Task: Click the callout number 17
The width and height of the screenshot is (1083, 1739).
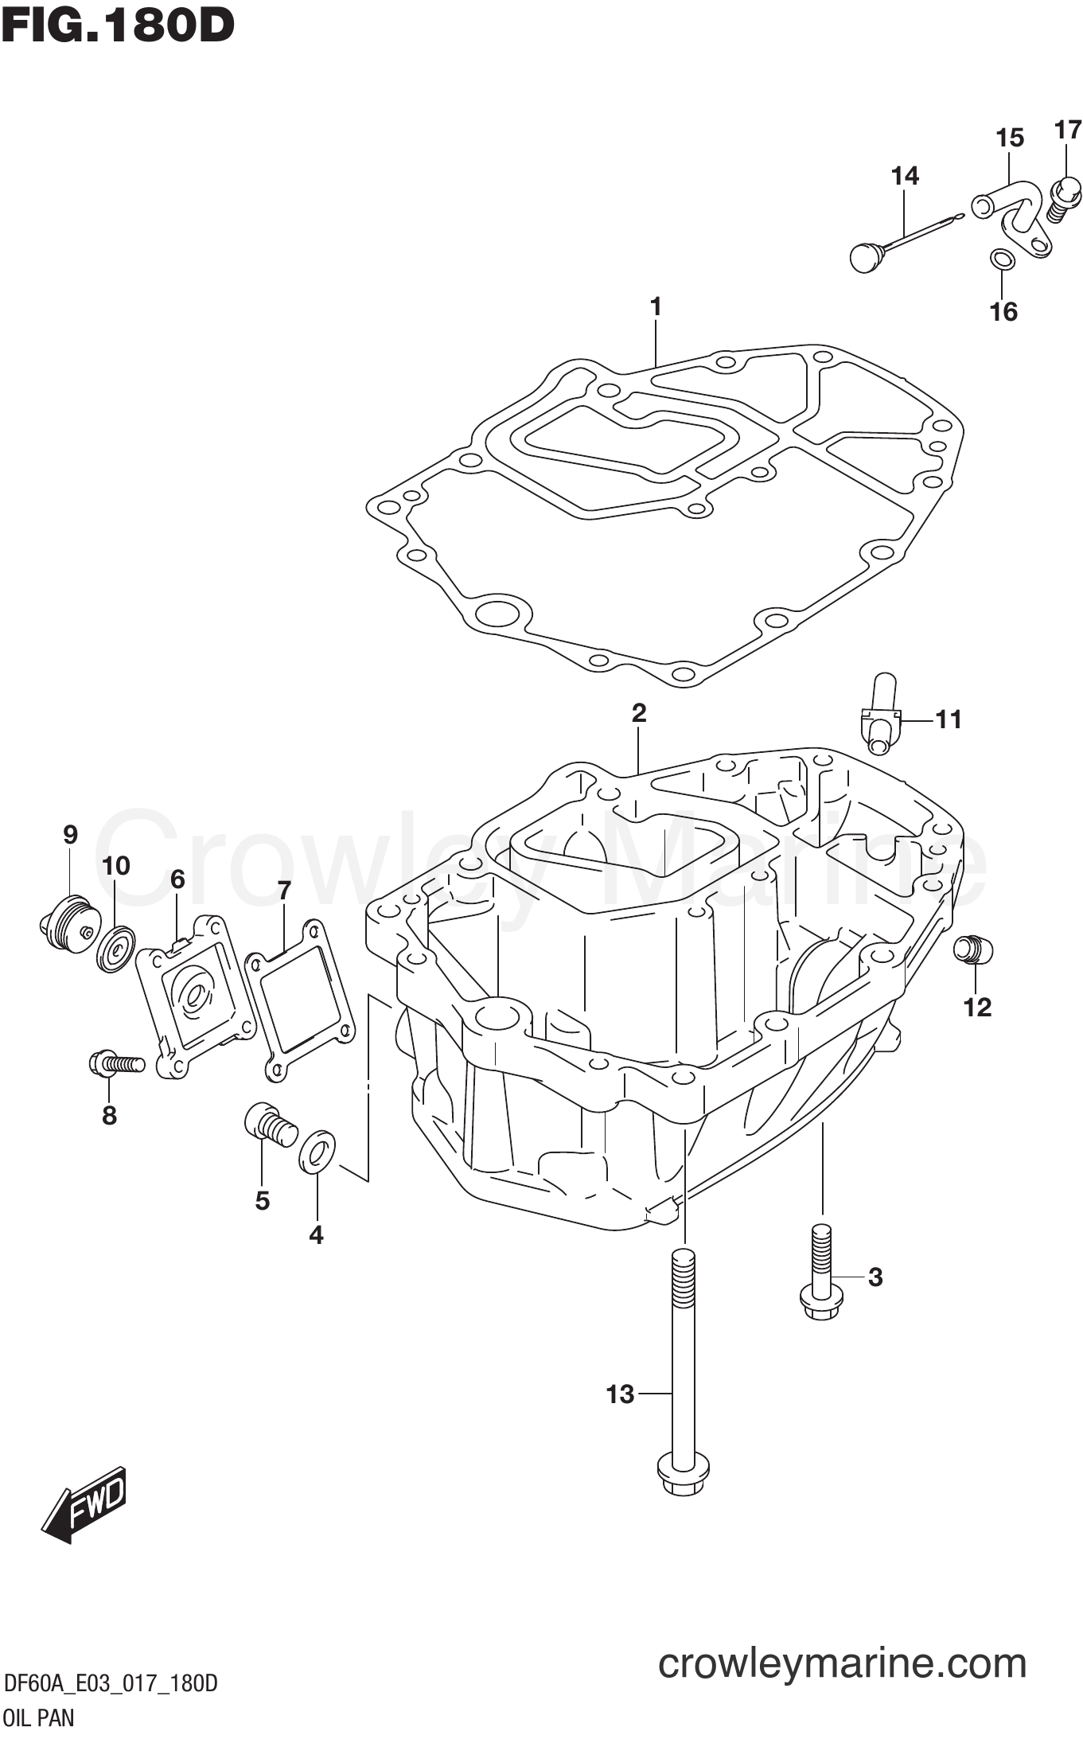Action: point(1067,130)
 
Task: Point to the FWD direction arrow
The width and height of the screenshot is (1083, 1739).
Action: point(83,1504)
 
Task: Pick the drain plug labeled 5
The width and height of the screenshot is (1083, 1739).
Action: point(270,1123)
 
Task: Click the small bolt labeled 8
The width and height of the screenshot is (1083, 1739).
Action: point(116,1063)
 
